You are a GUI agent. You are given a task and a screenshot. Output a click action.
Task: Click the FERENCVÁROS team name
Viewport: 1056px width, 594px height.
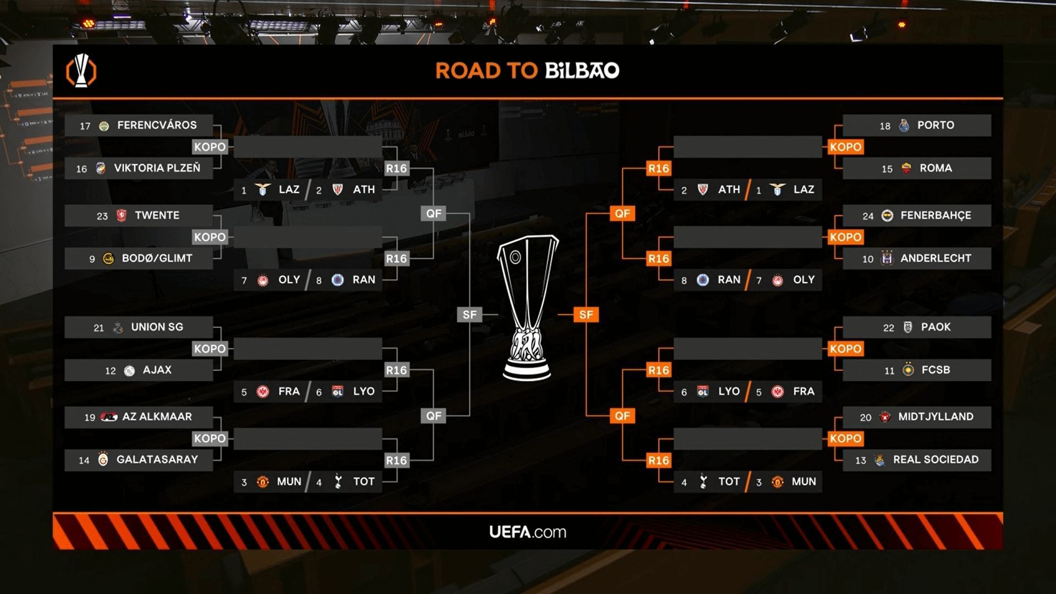click(157, 125)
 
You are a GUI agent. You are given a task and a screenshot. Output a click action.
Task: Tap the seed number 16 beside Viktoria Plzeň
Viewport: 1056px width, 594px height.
click(81, 169)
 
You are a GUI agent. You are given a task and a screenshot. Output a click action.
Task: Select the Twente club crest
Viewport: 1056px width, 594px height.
click(122, 216)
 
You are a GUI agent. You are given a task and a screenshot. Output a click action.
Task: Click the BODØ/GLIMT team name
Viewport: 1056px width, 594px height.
click(157, 258)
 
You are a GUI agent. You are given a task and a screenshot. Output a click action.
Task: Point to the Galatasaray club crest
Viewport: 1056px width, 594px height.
click(103, 459)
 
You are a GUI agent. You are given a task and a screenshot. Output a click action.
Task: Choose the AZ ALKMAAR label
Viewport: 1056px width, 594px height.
click(157, 417)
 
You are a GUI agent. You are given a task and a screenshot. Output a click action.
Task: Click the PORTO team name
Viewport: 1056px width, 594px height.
click(935, 125)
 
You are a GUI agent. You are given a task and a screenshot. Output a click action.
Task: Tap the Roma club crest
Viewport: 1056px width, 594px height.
click(906, 168)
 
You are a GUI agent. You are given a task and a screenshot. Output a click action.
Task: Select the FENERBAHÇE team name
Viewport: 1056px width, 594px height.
click(935, 216)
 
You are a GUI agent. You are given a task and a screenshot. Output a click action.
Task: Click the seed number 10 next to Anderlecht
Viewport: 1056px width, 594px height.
click(867, 259)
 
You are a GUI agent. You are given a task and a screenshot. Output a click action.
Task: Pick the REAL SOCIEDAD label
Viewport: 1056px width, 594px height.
click(935, 460)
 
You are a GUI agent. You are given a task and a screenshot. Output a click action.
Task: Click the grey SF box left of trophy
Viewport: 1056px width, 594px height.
click(469, 315)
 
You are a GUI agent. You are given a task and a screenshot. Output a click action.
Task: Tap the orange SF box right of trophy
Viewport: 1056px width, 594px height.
click(586, 315)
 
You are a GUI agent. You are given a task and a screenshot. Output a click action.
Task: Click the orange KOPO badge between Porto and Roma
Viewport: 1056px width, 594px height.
click(845, 147)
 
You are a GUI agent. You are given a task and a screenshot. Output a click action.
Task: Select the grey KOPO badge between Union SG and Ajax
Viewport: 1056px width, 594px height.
click(210, 349)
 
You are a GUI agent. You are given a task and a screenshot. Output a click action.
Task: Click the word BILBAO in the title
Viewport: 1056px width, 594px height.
click(582, 70)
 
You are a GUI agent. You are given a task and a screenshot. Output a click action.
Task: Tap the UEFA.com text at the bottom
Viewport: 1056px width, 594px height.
click(527, 532)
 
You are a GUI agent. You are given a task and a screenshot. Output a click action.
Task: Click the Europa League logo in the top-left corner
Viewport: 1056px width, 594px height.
click(81, 71)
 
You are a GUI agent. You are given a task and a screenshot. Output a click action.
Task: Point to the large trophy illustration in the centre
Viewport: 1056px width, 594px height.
click(527, 308)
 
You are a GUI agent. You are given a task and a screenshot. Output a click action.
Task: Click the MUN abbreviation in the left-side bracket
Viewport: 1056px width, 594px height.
click(289, 482)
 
